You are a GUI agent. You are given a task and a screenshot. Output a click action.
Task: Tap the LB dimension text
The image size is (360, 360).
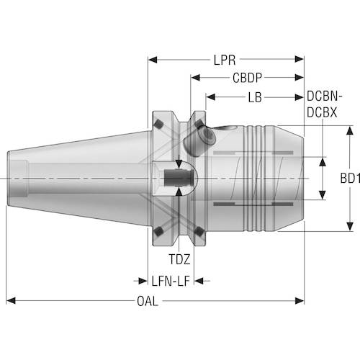[x=255, y=97]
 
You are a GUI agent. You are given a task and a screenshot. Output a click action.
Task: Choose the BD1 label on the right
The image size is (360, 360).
[x=349, y=177]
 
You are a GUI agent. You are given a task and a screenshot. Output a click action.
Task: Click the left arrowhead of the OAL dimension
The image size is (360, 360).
[x=10, y=300]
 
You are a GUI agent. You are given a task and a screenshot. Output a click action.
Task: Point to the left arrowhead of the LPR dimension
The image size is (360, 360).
[x=152, y=60]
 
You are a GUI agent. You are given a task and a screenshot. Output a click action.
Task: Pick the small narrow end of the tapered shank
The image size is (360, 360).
[x=16, y=177]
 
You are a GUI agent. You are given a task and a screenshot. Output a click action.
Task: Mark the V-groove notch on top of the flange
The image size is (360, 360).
[x=176, y=119]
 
